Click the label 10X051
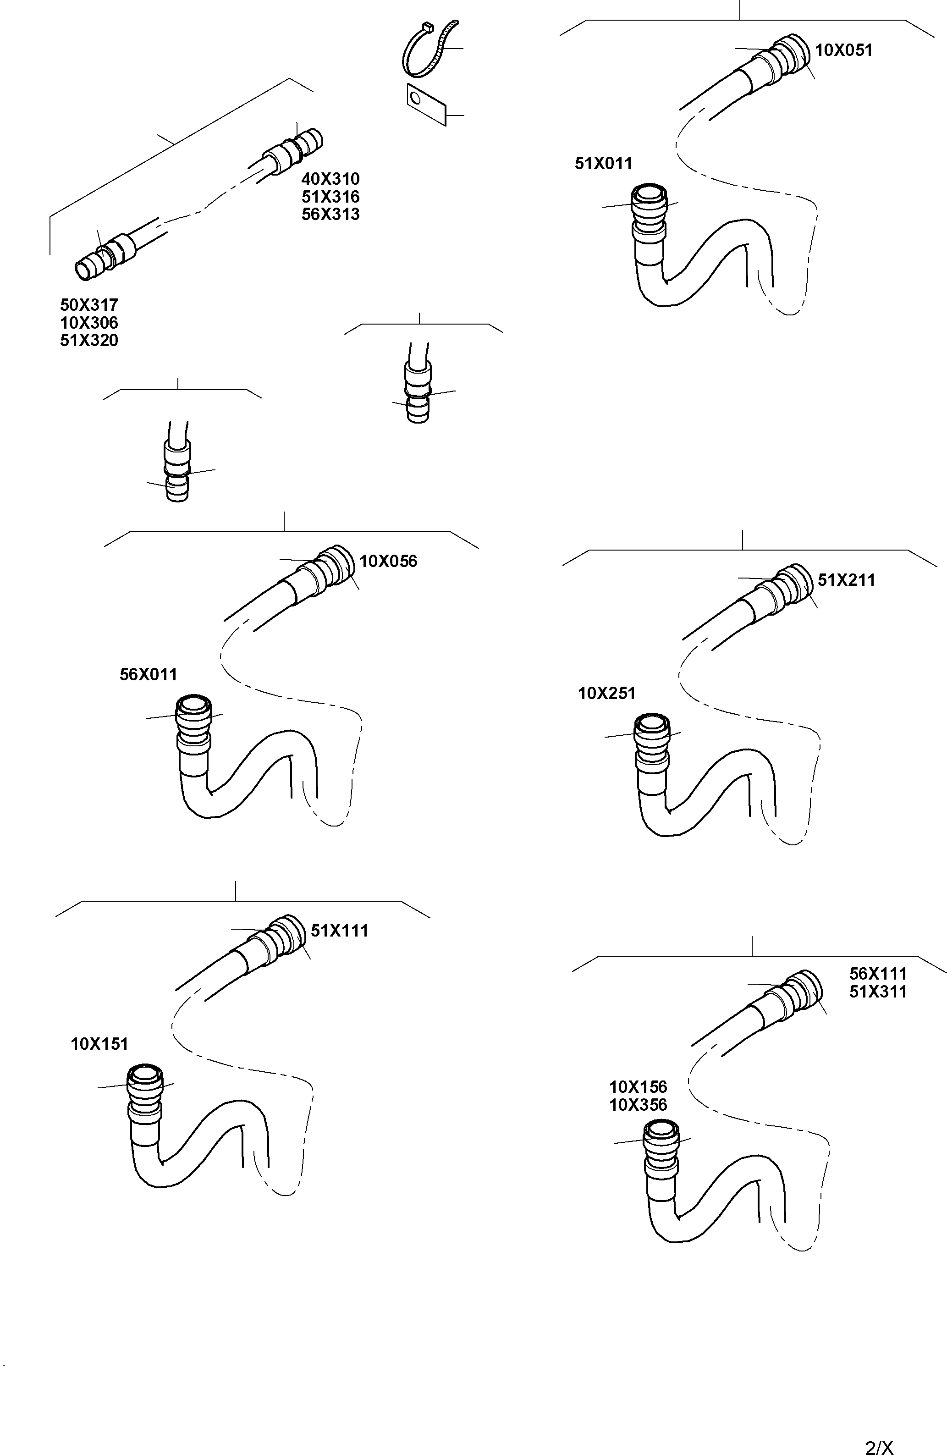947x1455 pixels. pos(844,50)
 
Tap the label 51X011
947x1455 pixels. pos(603,163)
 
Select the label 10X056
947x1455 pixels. pos(388,561)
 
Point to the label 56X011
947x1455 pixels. pos(149,674)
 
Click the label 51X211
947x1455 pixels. pos(846,580)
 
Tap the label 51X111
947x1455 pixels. pos(339,931)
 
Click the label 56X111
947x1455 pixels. pos(878,973)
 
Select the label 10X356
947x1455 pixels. pos(638,1105)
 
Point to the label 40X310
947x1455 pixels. pos(330,179)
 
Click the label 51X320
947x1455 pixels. pos(89,341)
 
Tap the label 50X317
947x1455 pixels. pos(89,305)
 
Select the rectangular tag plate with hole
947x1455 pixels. pos(426,104)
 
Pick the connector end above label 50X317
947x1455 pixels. pos(101,260)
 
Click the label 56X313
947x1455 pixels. pos(330,215)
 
